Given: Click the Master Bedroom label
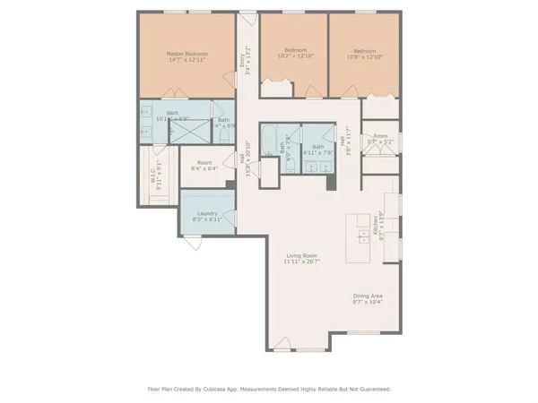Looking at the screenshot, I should (x=187, y=54).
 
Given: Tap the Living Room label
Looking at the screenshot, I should (x=301, y=255).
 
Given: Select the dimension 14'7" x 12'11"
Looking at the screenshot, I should (x=187, y=60).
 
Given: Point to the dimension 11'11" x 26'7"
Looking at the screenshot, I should (x=301, y=262).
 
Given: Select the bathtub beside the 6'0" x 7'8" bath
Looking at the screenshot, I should (x=266, y=149).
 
